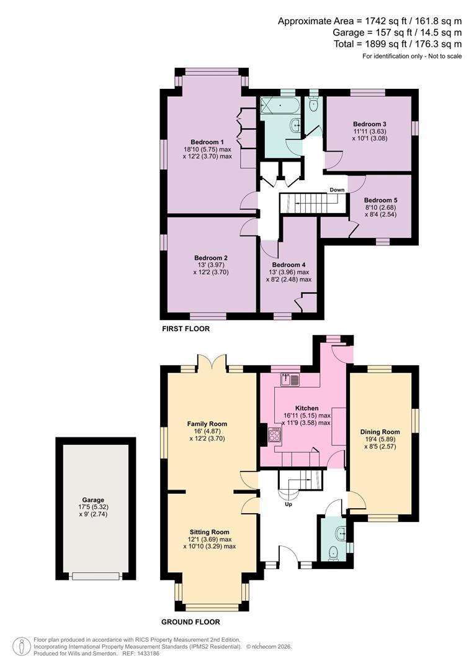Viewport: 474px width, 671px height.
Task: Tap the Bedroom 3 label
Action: [370, 124]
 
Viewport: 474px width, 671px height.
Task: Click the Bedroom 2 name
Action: [211, 258]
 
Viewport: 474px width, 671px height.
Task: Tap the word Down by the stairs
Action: [337, 190]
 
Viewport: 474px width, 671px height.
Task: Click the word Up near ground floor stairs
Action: [288, 504]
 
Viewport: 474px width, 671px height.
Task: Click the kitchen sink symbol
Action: [290, 379]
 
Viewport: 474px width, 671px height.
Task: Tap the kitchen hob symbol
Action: [274, 434]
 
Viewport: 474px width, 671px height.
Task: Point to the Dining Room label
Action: [380, 432]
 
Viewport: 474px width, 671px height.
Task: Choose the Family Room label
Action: [207, 424]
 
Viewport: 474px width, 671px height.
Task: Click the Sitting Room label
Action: [210, 532]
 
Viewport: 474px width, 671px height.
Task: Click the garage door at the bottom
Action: [95, 576]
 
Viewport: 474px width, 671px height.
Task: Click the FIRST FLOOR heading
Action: [186, 329]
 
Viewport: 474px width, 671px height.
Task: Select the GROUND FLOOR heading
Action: [190, 622]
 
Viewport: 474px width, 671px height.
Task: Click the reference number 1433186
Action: [143, 654]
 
